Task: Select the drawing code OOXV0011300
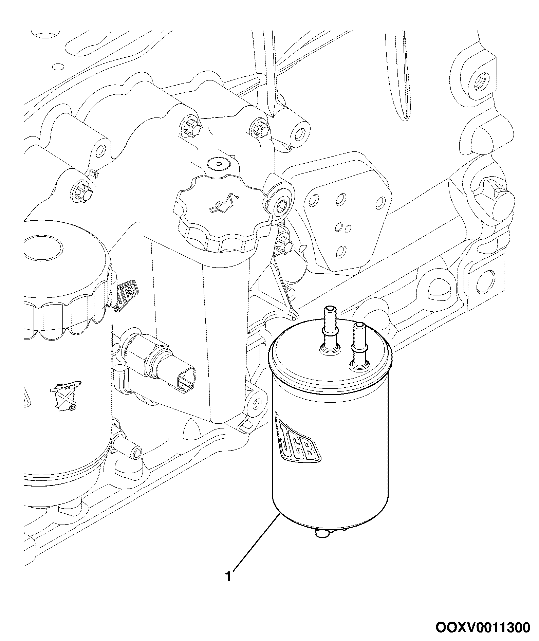point(482,627)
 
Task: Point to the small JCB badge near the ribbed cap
point(127,295)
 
